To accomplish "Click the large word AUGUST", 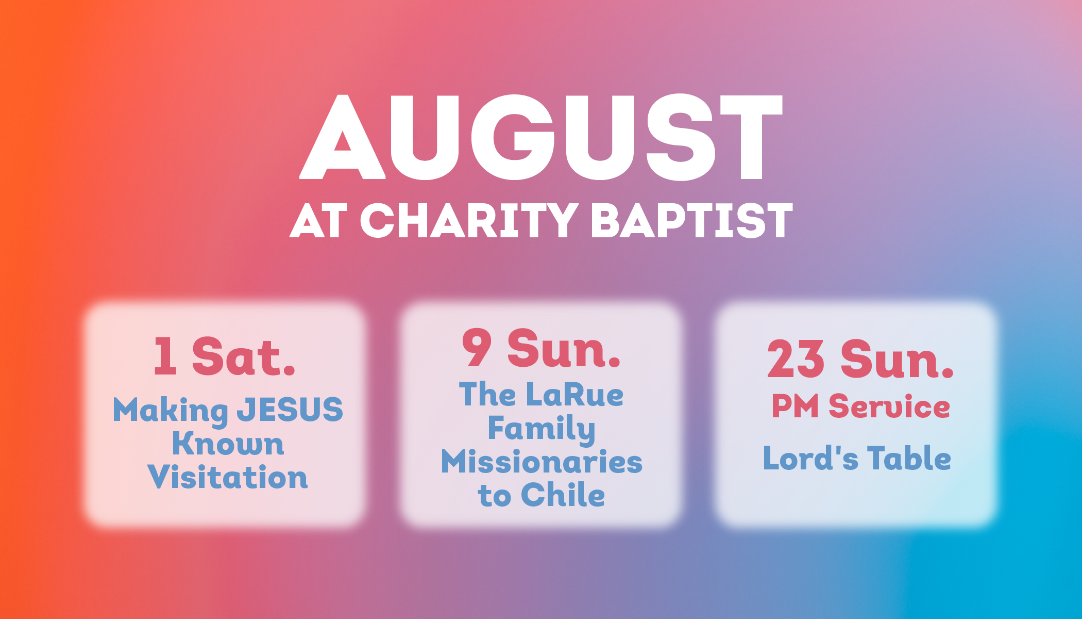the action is point(541,137).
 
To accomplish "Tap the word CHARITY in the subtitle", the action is point(469,220).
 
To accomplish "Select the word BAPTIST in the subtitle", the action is point(692,220).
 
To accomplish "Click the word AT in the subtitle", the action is point(319,221).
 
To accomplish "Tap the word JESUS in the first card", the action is point(290,410).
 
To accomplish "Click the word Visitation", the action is point(228,477).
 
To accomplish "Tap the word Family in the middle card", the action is point(542,429).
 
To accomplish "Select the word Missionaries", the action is point(542,462).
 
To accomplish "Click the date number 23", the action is point(796,359).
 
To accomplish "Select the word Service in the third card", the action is point(889,406).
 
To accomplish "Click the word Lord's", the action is point(810,458).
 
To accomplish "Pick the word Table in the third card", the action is point(909,458).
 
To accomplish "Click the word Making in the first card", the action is point(171,411).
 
